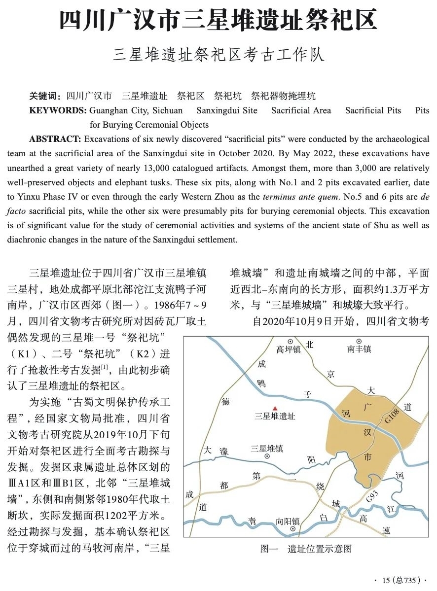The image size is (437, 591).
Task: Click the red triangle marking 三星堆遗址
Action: [x=275, y=408]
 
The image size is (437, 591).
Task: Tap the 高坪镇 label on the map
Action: [x=289, y=349]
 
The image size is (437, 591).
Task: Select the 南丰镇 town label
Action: [x=359, y=349]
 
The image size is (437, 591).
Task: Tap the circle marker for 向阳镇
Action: [x=292, y=529]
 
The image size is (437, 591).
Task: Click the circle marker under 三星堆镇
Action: [x=267, y=457]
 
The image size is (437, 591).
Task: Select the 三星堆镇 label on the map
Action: [x=267, y=449]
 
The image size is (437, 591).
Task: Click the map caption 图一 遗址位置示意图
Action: [x=306, y=549]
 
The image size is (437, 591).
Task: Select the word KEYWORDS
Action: [x=58, y=110]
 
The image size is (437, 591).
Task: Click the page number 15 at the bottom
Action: [x=386, y=580]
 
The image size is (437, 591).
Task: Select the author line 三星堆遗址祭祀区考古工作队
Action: [x=218, y=55]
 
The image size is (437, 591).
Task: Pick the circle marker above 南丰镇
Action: [x=359, y=341]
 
